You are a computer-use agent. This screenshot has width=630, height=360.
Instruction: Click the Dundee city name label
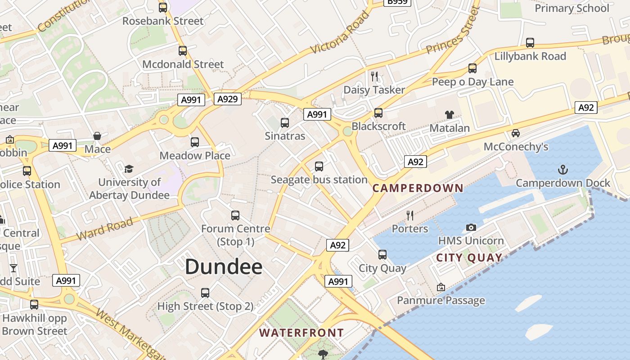[x=224, y=266]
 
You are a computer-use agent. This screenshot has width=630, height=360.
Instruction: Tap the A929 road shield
[x=227, y=99]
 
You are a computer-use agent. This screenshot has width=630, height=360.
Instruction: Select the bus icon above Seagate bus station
[x=319, y=166]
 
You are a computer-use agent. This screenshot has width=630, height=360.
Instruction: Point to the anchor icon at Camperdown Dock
[x=562, y=170]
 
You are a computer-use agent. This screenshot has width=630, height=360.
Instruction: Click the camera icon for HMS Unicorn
[x=471, y=227]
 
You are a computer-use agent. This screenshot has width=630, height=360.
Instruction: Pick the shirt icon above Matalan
[x=449, y=115]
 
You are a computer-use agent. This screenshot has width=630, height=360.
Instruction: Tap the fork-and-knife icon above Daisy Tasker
[x=374, y=76]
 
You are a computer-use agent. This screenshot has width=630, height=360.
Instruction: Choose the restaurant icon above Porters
[x=410, y=215]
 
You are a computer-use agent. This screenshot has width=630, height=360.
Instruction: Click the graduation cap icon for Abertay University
[x=129, y=169]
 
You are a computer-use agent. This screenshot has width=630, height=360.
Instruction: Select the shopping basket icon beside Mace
[x=97, y=136]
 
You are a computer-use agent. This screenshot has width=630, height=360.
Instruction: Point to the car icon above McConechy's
[x=516, y=133]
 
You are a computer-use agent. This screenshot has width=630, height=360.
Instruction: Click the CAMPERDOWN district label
[x=418, y=188]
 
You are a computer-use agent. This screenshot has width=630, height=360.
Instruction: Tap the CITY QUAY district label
[x=469, y=258]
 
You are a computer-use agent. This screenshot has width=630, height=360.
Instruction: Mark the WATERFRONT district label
[x=301, y=333]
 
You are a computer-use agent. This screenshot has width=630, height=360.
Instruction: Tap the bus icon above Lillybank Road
[x=530, y=43]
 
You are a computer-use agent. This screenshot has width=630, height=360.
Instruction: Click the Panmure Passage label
[x=441, y=300]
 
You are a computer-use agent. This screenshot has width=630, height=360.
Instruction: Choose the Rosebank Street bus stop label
[x=163, y=21]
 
